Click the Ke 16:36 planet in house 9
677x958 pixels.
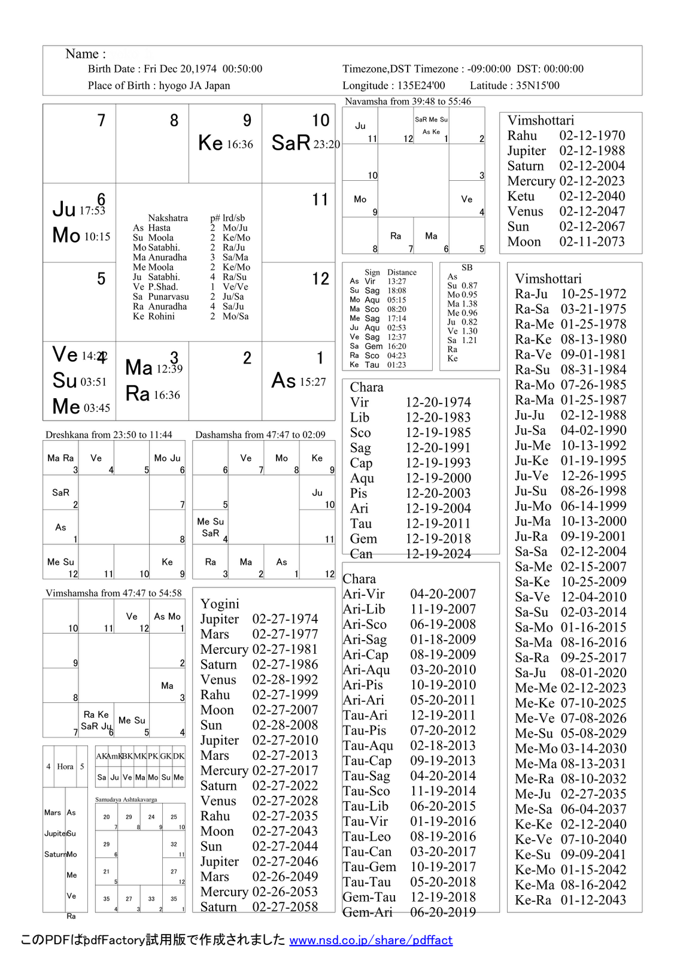226,143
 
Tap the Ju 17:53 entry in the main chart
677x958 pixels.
78,210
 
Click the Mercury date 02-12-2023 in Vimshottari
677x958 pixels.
592,181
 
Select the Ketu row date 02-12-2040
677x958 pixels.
592,196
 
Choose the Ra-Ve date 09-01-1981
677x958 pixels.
593,354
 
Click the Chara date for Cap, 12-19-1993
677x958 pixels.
438,463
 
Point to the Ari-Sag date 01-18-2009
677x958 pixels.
443,639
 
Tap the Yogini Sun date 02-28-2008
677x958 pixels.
285,725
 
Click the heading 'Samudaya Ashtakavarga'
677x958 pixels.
126,799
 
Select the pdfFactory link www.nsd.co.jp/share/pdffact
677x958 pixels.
371,940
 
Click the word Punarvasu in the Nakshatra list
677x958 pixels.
169,296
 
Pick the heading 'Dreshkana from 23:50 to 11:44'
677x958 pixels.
109,435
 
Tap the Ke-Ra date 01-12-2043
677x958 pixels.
593,900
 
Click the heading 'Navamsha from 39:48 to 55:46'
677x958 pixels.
408,101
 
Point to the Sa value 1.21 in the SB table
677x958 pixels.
470,340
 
